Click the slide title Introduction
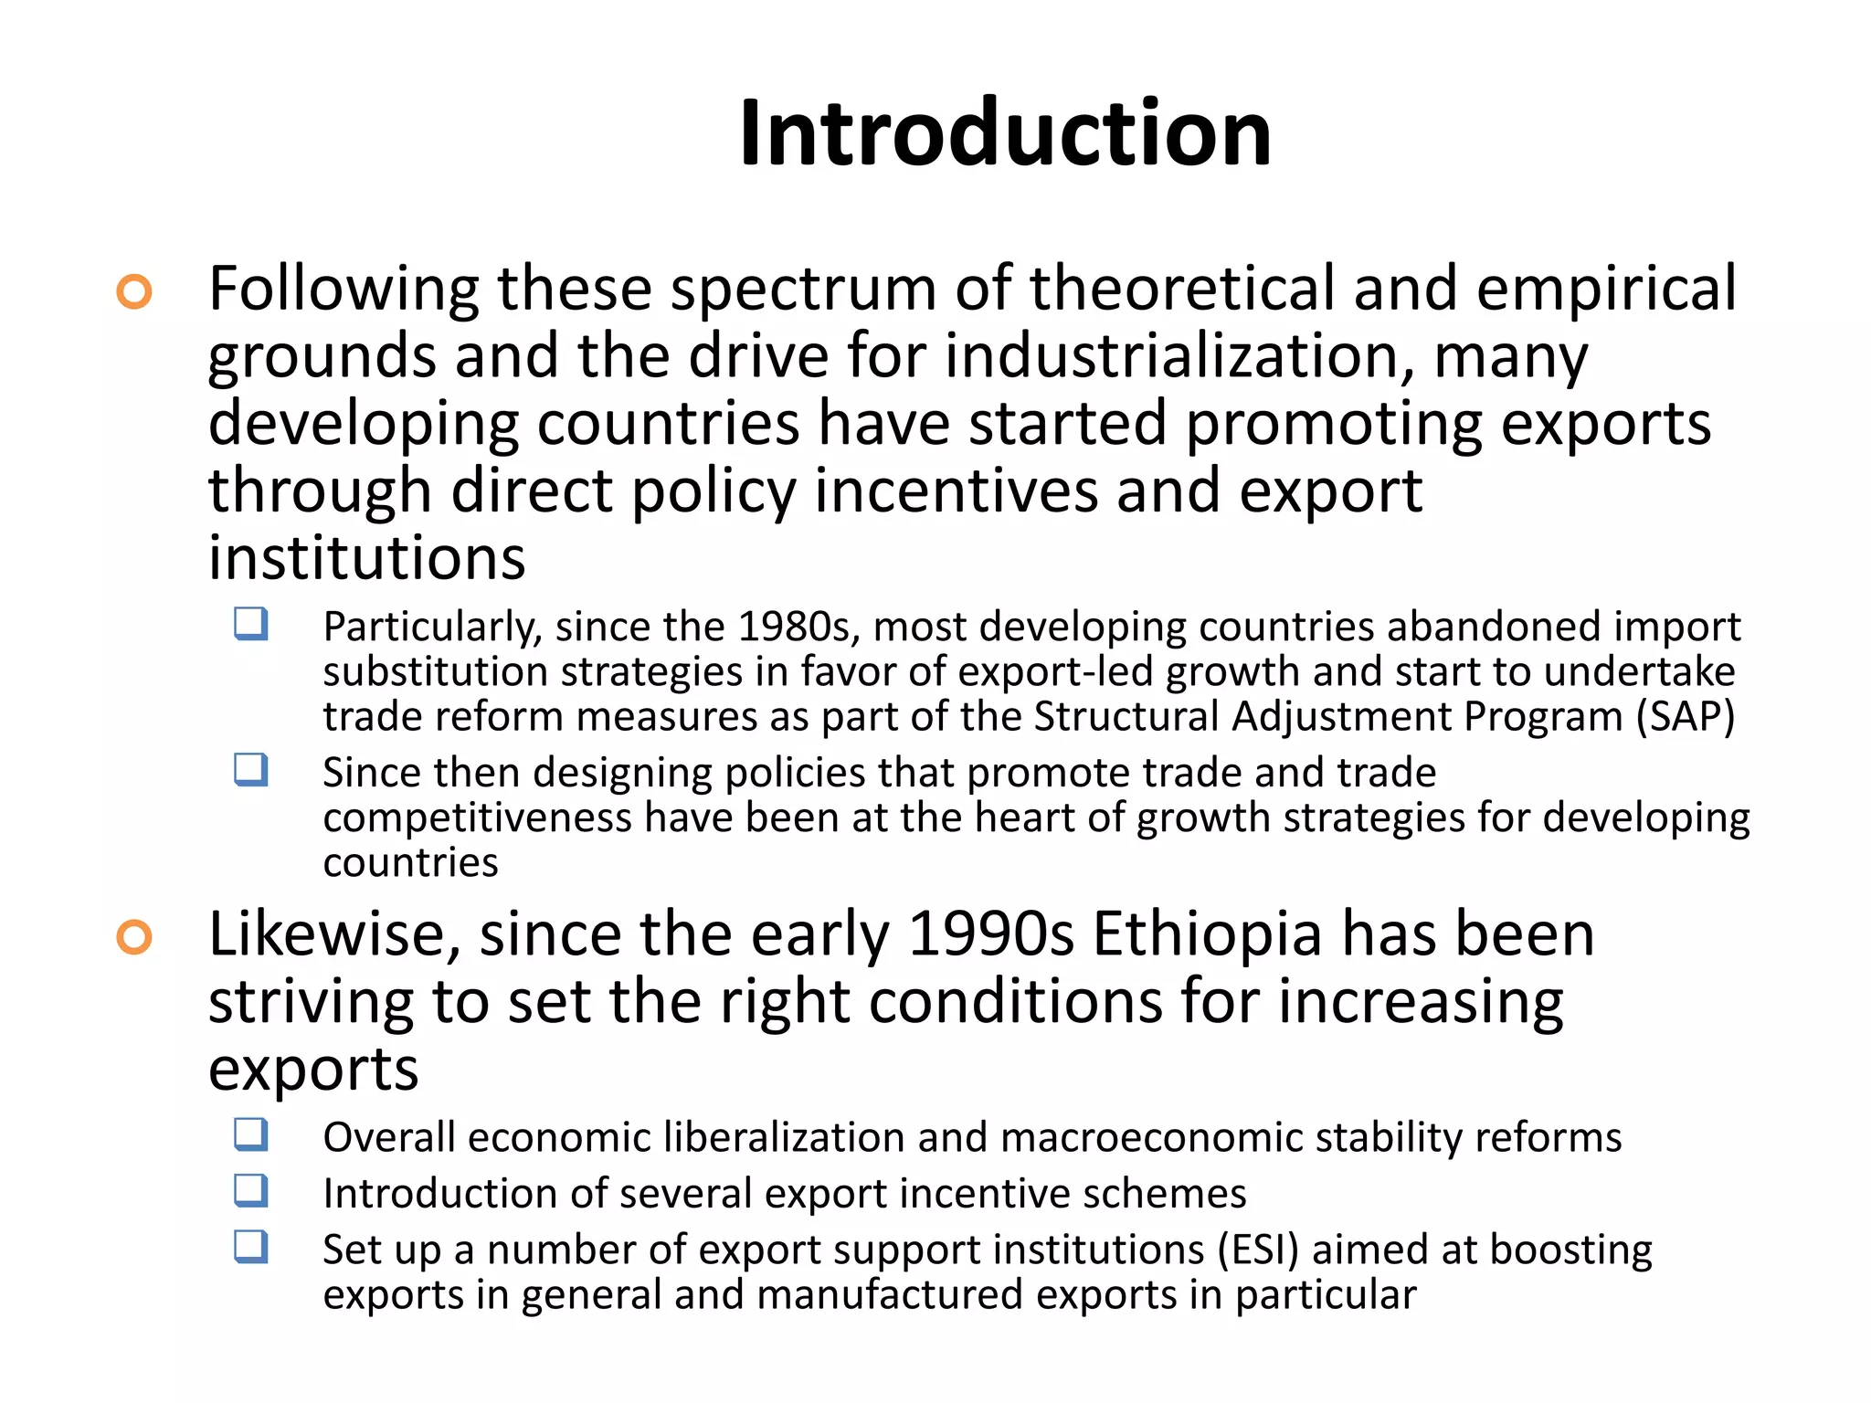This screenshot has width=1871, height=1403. click(1005, 133)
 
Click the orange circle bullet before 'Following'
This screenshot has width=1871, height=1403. click(134, 292)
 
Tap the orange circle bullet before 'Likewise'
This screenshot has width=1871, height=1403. click(134, 938)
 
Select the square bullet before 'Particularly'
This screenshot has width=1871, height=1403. click(250, 625)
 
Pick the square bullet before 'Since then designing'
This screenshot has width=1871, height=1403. click(250, 770)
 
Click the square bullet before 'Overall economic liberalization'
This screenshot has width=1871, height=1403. click(250, 1135)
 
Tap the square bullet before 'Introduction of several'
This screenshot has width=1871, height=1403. click(250, 1191)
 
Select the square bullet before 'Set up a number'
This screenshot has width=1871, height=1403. click(250, 1247)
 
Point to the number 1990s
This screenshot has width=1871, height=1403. click(991, 935)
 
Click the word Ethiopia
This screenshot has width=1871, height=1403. click(1207, 935)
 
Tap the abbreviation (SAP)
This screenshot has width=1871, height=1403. click(1685, 717)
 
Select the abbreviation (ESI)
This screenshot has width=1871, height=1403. click(1258, 1250)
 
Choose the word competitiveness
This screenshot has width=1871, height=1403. click(477, 818)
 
